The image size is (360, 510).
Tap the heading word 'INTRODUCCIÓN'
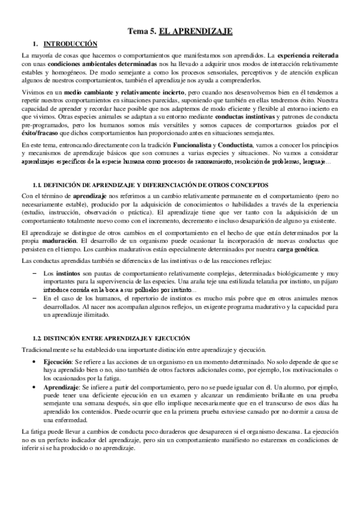(70, 43)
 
